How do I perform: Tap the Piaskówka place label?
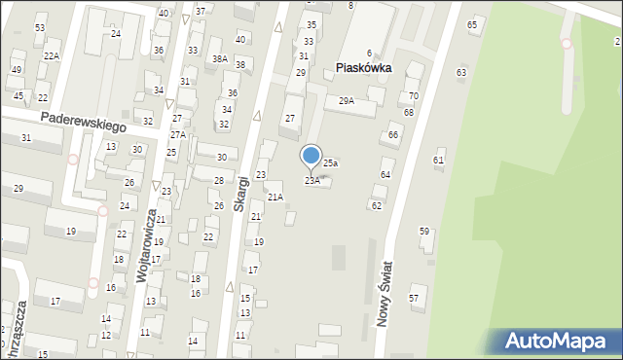click(x=363, y=68)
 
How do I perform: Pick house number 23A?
click(x=312, y=181)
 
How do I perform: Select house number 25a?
click(x=331, y=163)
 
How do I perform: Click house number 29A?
click(x=346, y=100)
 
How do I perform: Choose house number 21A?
click(x=275, y=198)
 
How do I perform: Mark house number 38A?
click(x=220, y=59)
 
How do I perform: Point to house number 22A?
click(x=51, y=56)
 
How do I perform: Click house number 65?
click(x=472, y=23)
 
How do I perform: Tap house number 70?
click(x=413, y=95)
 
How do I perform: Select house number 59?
click(x=424, y=231)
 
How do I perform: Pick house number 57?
click(x=414, y=297)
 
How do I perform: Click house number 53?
click(x=40, y=27)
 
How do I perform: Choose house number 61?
click(x=438, y=160)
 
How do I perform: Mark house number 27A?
click(x=178, y=135)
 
